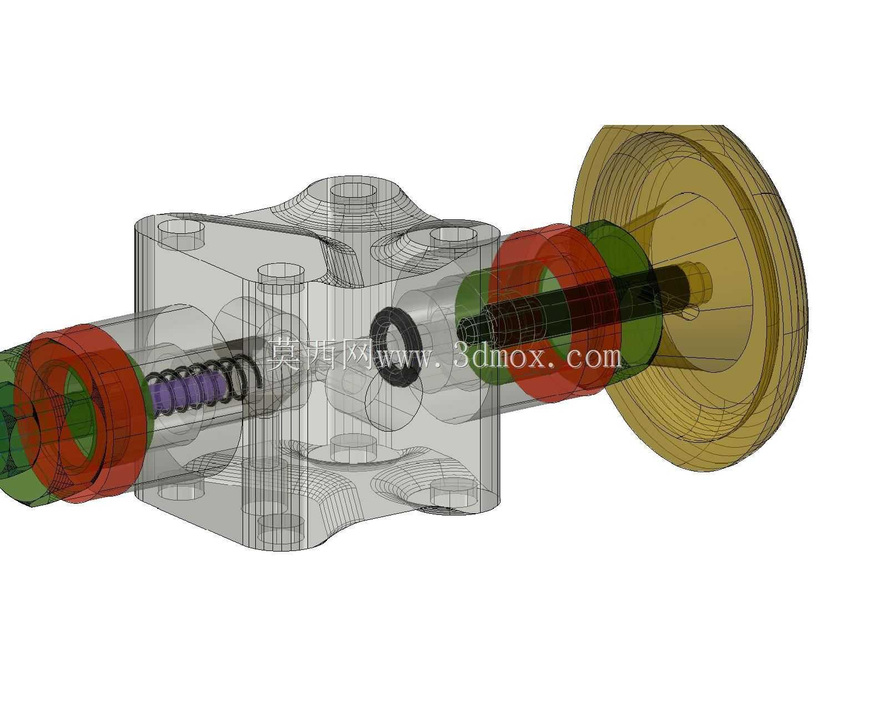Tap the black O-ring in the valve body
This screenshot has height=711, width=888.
(395, 346)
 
